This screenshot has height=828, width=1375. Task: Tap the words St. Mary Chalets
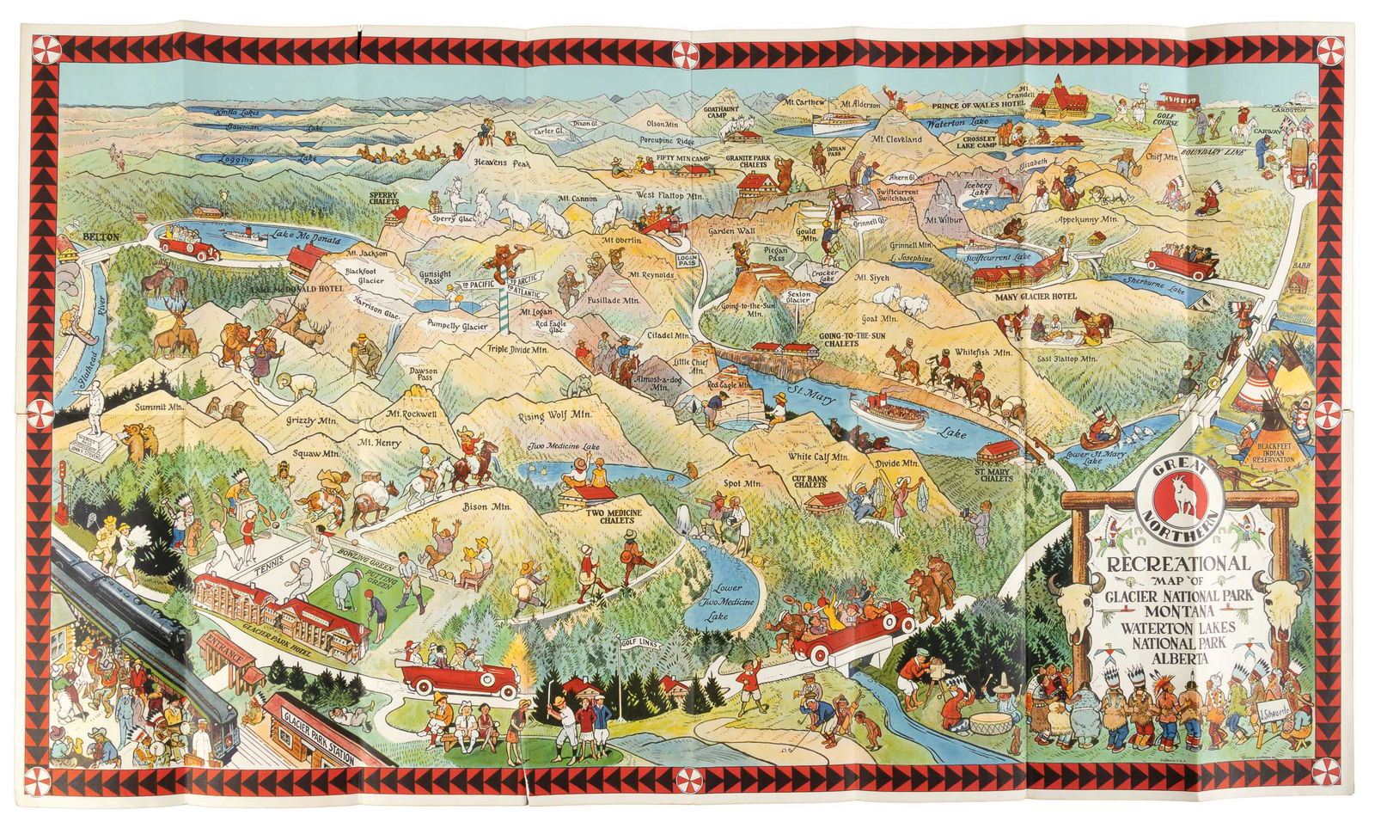pos(993,475)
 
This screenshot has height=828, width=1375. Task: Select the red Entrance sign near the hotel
pos(225,652)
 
